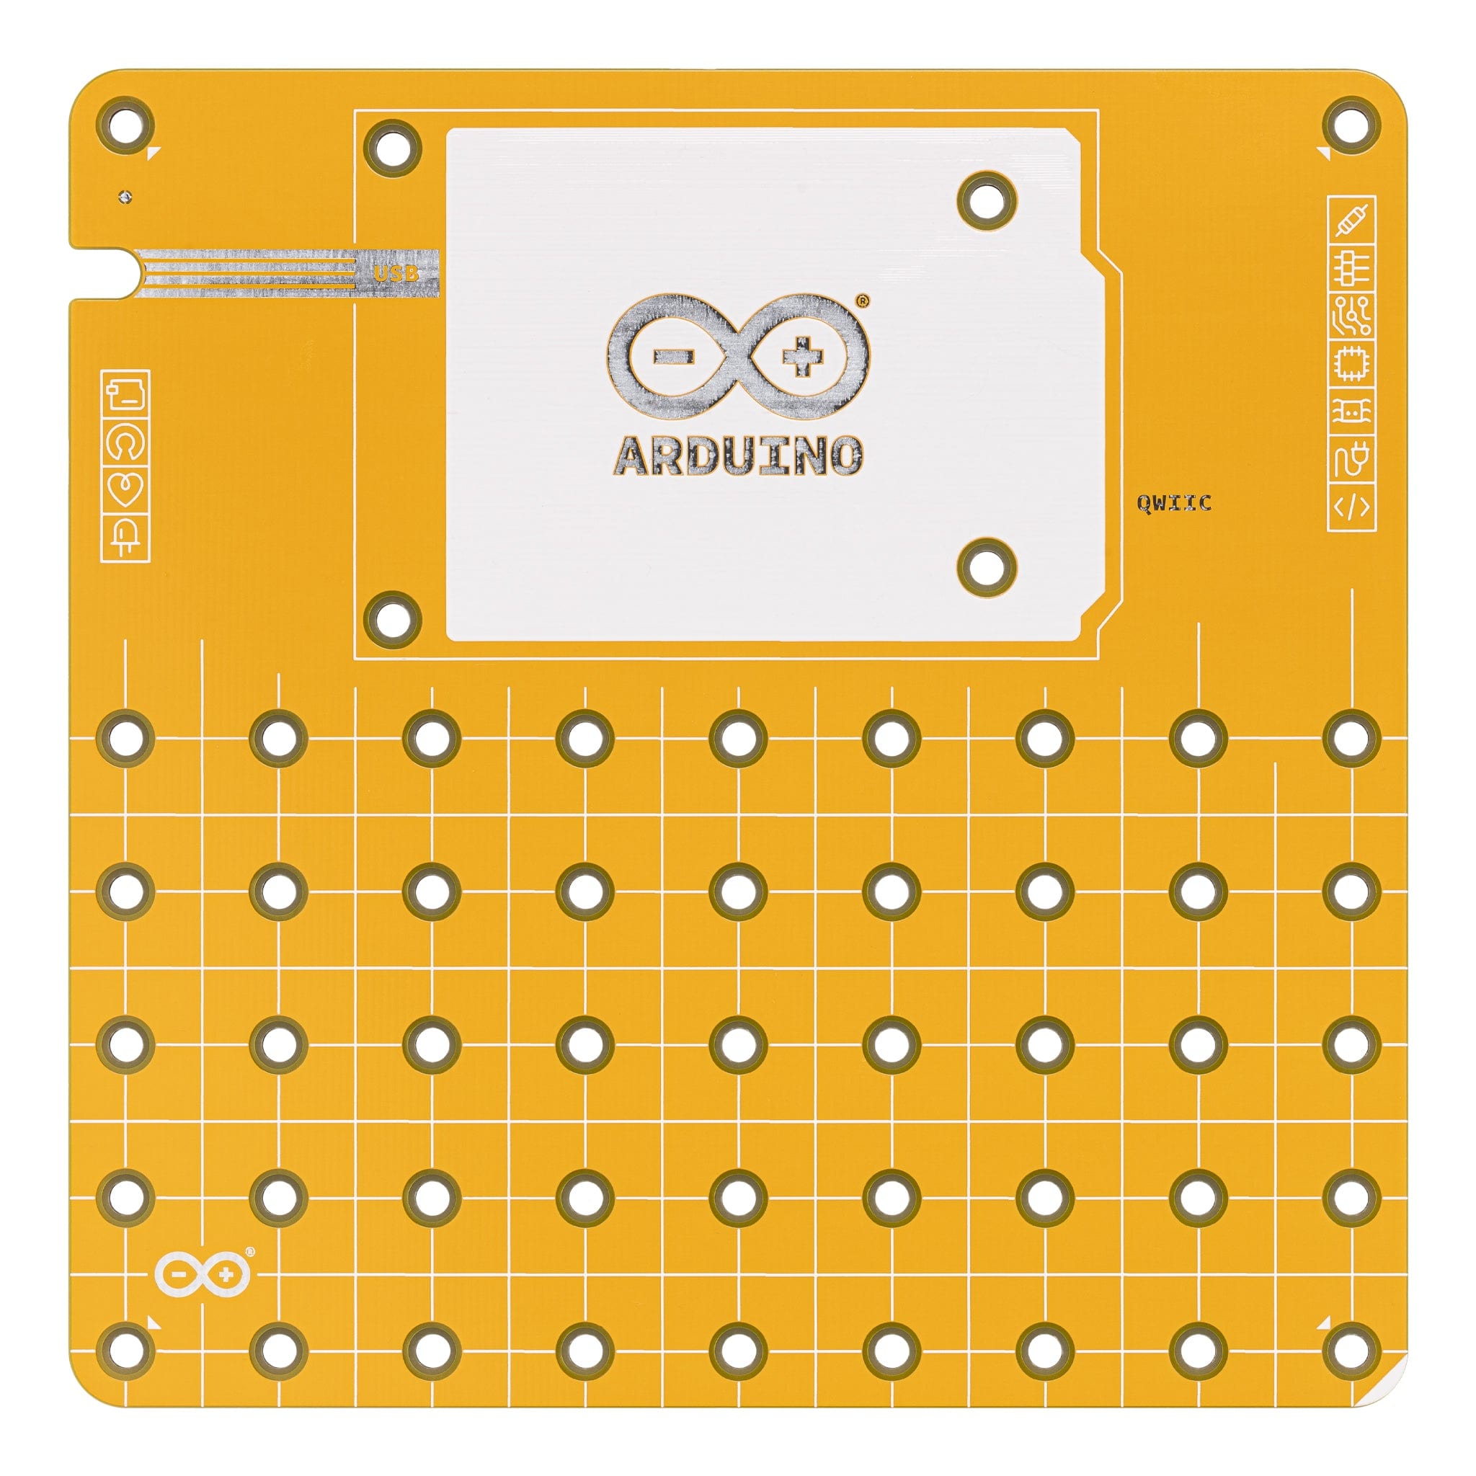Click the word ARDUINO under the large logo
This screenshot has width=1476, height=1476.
pyautogui.click(x=739, y=456)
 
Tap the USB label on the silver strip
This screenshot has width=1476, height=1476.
pyautogui.click(x=394, y=273)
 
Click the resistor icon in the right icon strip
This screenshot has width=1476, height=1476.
pyautogui.click(x=1351, y=220)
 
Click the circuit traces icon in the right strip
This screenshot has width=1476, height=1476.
pyautogui.click(x=1351, y=316)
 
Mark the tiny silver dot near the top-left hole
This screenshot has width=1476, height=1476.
pyautogui.click(x=125, y=196)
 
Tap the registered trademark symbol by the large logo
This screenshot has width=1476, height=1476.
pyautogui.click(x=863, y=302)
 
